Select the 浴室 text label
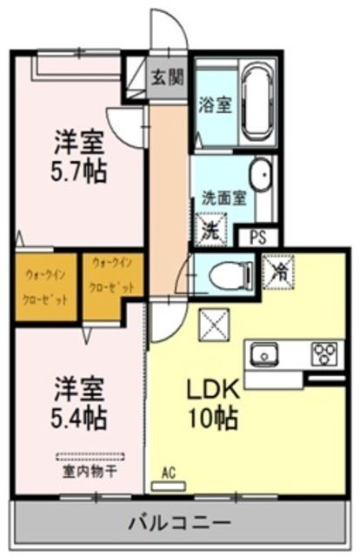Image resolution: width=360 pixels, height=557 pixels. coord(213,104)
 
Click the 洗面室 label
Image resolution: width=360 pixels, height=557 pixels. coord(225,198)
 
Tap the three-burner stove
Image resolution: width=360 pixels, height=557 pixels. coord(325,353)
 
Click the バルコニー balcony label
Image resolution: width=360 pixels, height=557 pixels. coord(180,523)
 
